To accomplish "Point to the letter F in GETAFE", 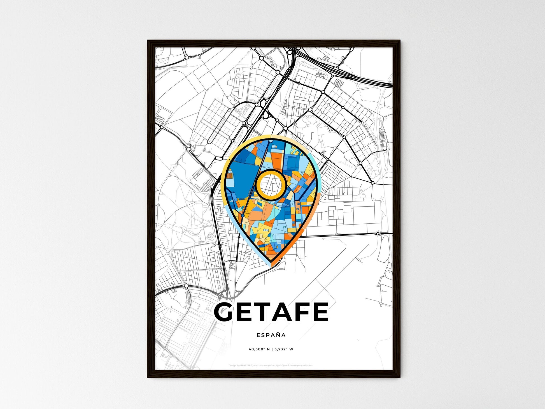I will (x=304, y=312).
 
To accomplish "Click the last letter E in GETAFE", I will (x=321, y=312).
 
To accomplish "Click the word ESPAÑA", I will (x=271, y=335).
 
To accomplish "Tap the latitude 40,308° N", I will (x=259, y=349).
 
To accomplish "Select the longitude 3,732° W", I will (x=284, y=349).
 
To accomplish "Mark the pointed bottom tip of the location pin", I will (x=271, y=263).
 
